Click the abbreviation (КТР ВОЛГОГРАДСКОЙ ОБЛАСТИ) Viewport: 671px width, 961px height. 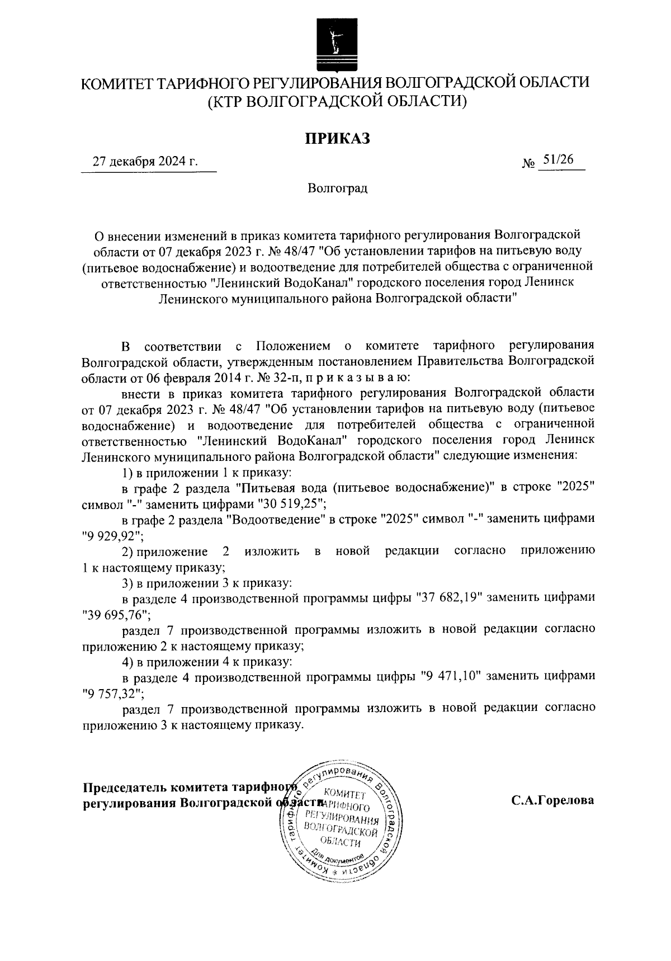[x=336, y=102]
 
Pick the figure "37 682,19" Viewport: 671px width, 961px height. [x=451, y=598]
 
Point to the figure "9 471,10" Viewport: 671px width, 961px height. [x=451, y=676]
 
